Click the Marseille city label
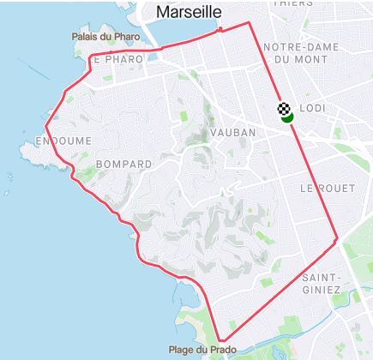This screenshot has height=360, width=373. pos(189,12)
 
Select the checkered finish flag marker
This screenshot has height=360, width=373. pos(284,108)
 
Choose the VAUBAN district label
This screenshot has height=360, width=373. pos(228,135)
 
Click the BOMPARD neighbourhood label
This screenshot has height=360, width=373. pos(124,163)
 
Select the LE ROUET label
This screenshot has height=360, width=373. pos(322,187)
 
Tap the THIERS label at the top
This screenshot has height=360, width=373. pos(293,3)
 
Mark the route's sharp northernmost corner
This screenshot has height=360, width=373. pos(249,22)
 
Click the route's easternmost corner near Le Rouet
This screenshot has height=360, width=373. pos(337,238)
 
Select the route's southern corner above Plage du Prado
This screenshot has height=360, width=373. pos(220,339)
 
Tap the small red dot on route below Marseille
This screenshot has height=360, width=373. pos(220,30)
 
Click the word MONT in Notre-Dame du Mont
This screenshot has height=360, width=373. pos(310,60)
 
